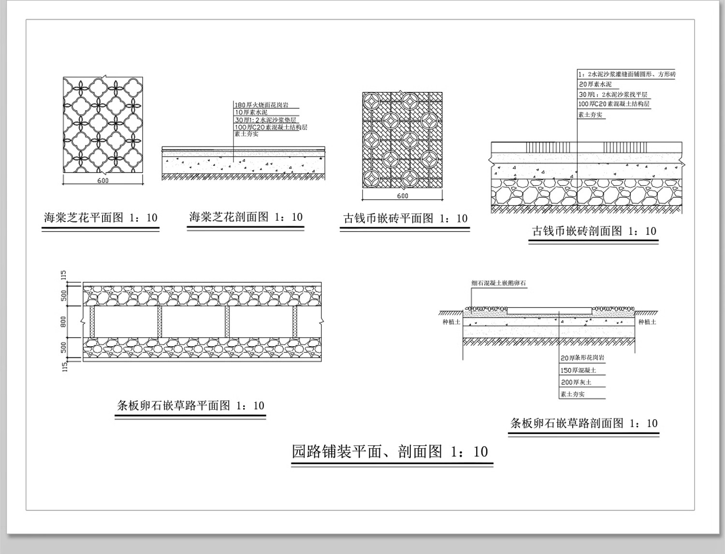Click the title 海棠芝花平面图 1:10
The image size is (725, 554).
point(101,218)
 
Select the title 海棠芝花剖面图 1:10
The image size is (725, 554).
point(246,217)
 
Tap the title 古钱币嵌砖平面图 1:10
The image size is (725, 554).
point(405,219)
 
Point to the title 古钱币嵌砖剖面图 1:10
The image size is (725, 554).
point(594,231)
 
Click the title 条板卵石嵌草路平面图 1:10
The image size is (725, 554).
point(190,406)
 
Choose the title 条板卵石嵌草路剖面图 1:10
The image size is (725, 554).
point(584,423)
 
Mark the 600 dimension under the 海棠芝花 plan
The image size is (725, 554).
point(103,181)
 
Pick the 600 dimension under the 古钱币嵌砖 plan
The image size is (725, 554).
point(403,196)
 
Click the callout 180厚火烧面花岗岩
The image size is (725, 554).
point(261,105)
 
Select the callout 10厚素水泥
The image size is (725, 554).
point(251,112)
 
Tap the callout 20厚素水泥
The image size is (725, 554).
point(595,84)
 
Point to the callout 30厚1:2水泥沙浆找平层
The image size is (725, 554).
point(613,94)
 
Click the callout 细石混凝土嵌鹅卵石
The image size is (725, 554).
point(498,283)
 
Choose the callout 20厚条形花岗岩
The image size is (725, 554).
point(582,358)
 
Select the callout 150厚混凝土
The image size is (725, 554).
point(578,370)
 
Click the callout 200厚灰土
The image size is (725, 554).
point(576,382)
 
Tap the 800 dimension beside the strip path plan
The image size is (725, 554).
point(63,321)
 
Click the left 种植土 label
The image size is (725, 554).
point(451,322)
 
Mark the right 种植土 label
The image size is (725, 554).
point(647,322)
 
